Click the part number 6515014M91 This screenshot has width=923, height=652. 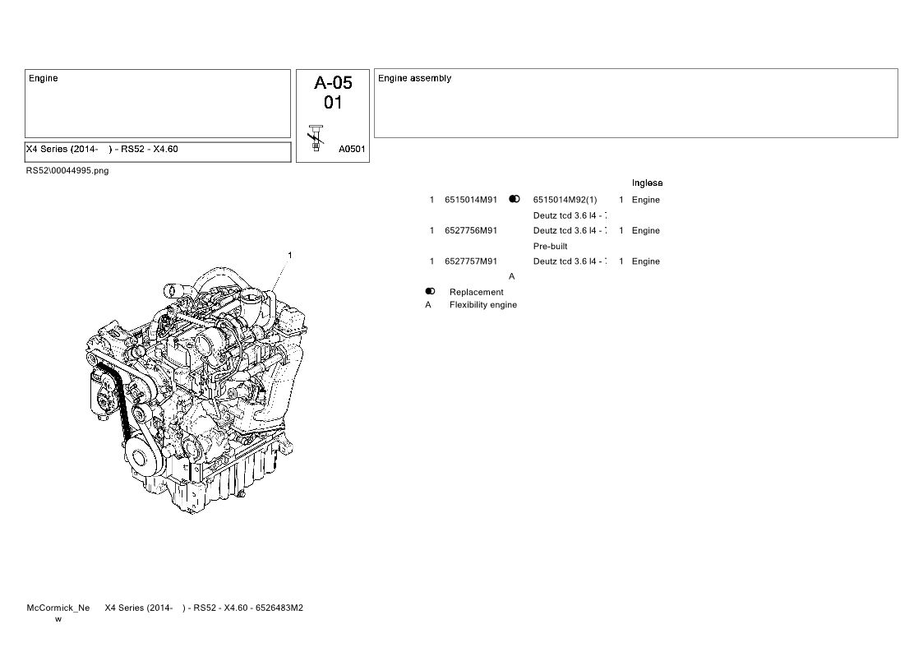[471, 200]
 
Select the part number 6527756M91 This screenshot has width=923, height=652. [471, 230]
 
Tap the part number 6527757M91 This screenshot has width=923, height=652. [471, 261]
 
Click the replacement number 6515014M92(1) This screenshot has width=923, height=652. [565, 200]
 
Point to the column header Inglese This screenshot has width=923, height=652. [647, 183]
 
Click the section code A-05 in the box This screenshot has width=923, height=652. [333, 82]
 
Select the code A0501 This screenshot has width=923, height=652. [352, 149]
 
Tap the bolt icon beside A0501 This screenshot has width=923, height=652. [316, 138]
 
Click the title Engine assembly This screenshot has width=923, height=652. [414, 78]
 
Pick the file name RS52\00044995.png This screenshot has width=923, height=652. [67, 171]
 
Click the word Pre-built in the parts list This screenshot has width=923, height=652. [551, 246]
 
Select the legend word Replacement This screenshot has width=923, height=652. [476, 292]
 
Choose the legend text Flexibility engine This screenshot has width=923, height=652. [483, 304]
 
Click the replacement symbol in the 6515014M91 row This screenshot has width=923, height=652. [515, 199]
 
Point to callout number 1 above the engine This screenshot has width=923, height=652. [289, 255]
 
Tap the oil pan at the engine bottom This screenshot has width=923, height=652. [224, 483]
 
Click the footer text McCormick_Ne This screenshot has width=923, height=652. [58, 608]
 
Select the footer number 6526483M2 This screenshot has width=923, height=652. [279, 608]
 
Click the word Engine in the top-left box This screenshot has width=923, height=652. [43, 78]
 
